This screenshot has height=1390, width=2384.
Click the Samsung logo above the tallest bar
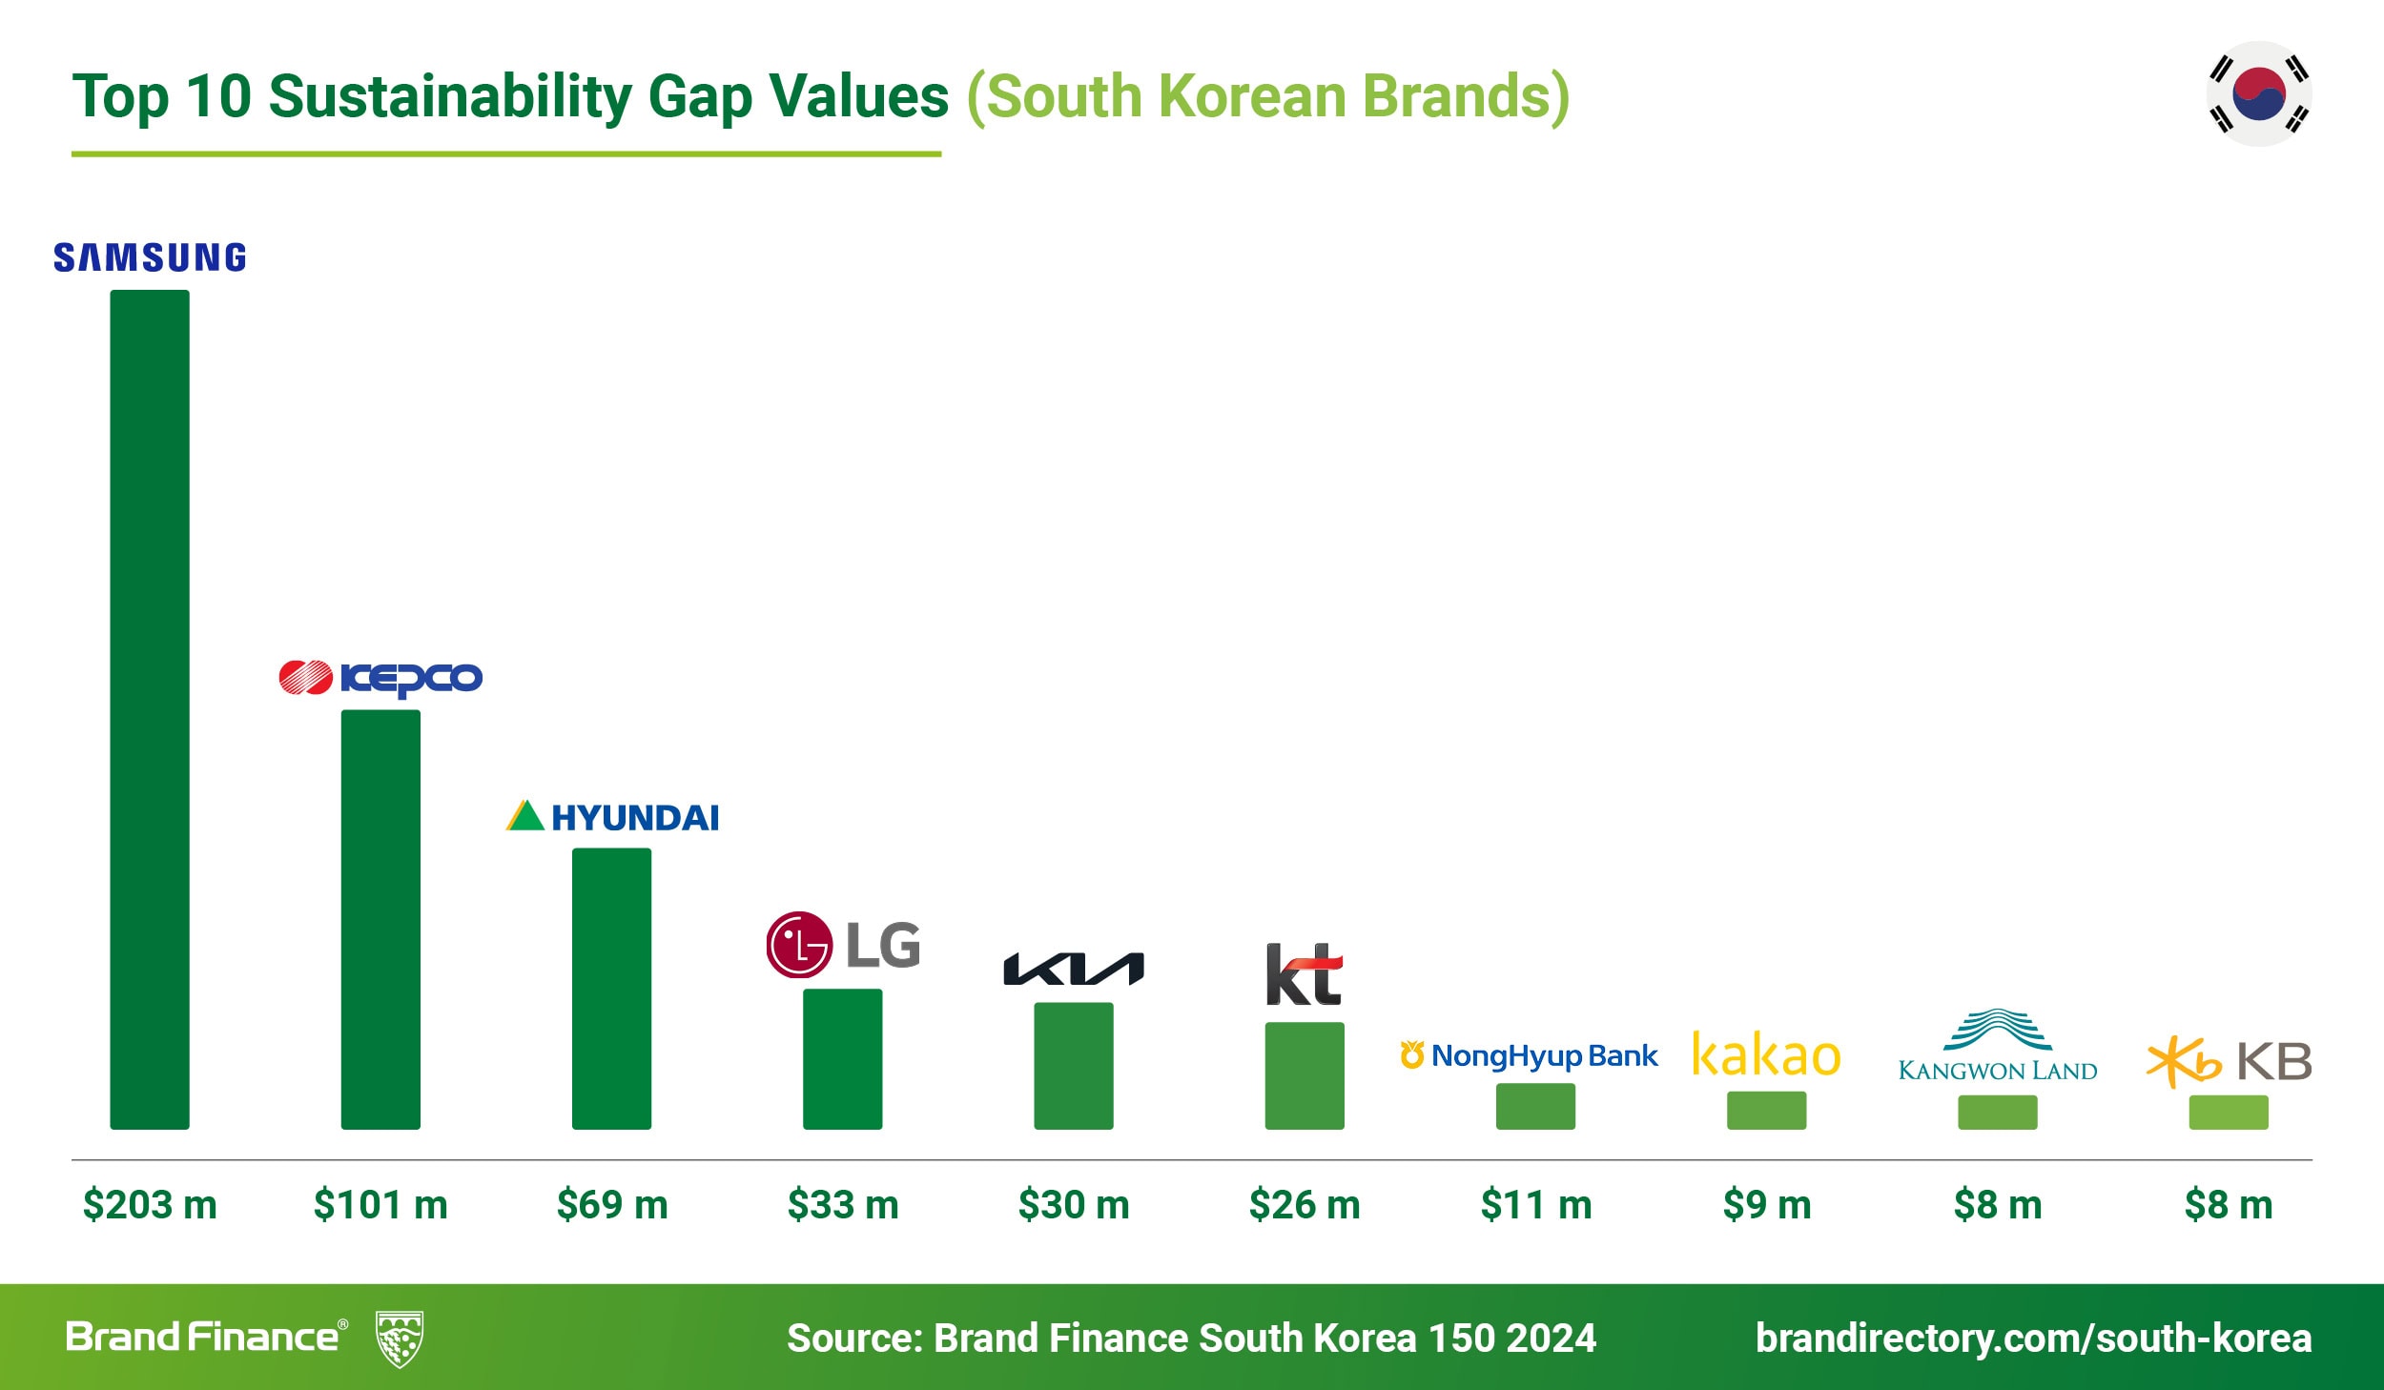tap(150, 257)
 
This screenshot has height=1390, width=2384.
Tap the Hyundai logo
tap(612, 817)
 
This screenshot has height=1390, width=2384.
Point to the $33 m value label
tap(843, 1205)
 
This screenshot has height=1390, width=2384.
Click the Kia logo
tap(1074, 969)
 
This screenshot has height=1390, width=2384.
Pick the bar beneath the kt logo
tap(1305, 1075)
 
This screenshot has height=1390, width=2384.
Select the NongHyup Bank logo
tap(1530, 1056)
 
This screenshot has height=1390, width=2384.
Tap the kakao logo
tap(1766, 1055)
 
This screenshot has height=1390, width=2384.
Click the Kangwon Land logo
tap(1998, 1047)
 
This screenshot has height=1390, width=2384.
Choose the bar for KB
tap(2229, 1112)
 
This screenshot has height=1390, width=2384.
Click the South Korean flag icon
tap(2259, 93)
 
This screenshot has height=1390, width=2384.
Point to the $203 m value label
tap(150, 1205)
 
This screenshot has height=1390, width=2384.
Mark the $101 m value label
tap(380, 1205)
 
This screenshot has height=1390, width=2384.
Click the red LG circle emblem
tap(798, 945)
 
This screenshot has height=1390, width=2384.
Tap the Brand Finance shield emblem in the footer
tap(400, 1339)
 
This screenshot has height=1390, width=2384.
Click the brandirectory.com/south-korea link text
tap(2033, 1338)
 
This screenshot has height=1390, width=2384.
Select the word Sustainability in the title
tap(450, 97)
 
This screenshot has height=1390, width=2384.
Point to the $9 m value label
tap(1766, 1205)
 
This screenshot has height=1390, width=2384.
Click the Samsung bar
tap(150, 709)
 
